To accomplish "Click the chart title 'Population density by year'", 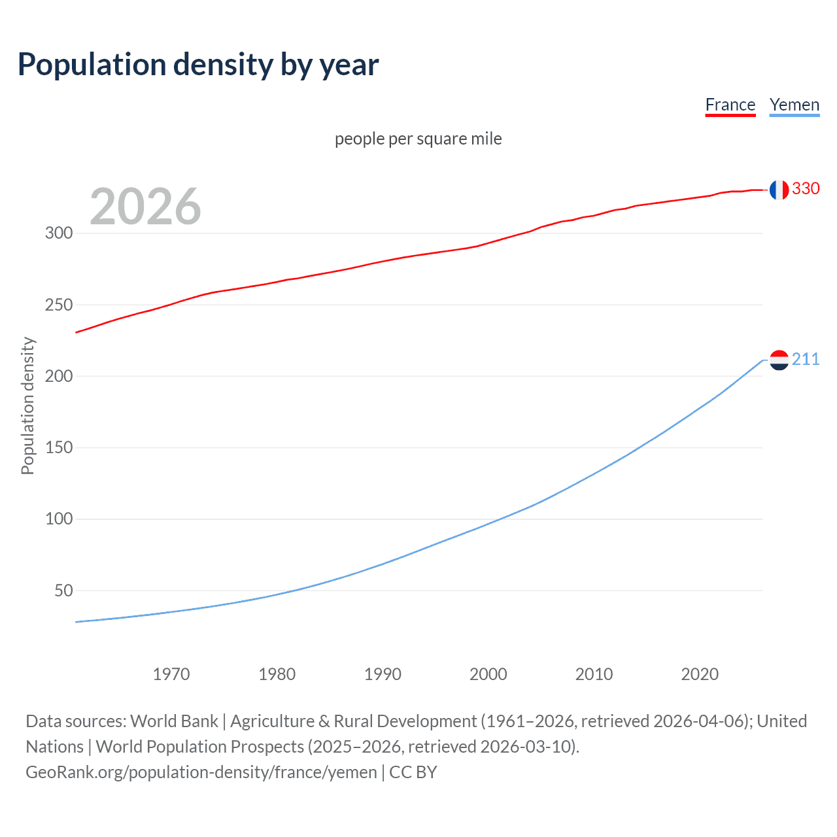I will click(198, 65).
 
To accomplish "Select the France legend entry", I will click(730, 105).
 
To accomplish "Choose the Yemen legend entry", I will click(794, 105).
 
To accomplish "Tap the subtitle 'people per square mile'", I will click(418, 139).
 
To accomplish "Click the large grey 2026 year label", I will click(145, 207).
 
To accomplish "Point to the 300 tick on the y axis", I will click(59, 233).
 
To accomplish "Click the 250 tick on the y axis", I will click(59, 305).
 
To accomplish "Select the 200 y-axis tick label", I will click(59, 377).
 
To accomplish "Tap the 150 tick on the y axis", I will click(59, 448).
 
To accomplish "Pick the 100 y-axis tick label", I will click(59, 519).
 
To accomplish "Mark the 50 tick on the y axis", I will click(63, 590).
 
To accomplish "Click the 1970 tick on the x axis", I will click(171, 674).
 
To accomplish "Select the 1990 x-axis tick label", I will click(383, 674).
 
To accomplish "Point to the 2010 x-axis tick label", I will click(594, 674).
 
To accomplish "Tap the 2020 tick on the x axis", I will click(700, 674).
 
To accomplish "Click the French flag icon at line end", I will click(779, 190).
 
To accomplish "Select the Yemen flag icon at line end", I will click(779, 360).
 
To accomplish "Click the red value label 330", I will click(806, 189).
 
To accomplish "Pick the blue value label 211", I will click(806, 360).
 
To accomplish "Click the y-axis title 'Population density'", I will click(27, 405).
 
